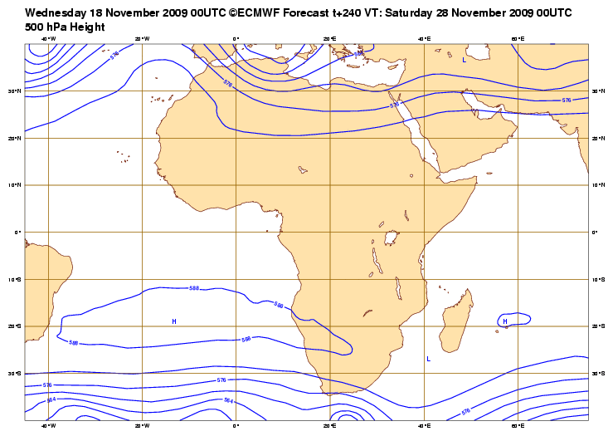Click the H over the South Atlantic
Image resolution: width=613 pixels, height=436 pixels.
coord(174,321)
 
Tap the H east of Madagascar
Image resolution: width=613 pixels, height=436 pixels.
coord(504,321)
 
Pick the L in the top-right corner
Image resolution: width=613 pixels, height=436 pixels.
coord(464,60)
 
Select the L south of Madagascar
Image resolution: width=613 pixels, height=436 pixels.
coord(428,359)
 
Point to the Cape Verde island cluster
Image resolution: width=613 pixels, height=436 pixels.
coord(124,156)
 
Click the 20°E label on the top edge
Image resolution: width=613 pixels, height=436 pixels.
coord(329,38)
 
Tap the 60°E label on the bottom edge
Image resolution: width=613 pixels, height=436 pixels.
coord(516,426)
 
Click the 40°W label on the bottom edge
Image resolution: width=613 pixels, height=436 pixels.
coord(48,426)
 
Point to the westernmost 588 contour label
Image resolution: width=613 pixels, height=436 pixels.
coord(73,342)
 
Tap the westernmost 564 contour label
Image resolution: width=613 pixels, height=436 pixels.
coord(51,399)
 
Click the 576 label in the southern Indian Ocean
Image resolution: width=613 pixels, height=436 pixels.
coord(465,411)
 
